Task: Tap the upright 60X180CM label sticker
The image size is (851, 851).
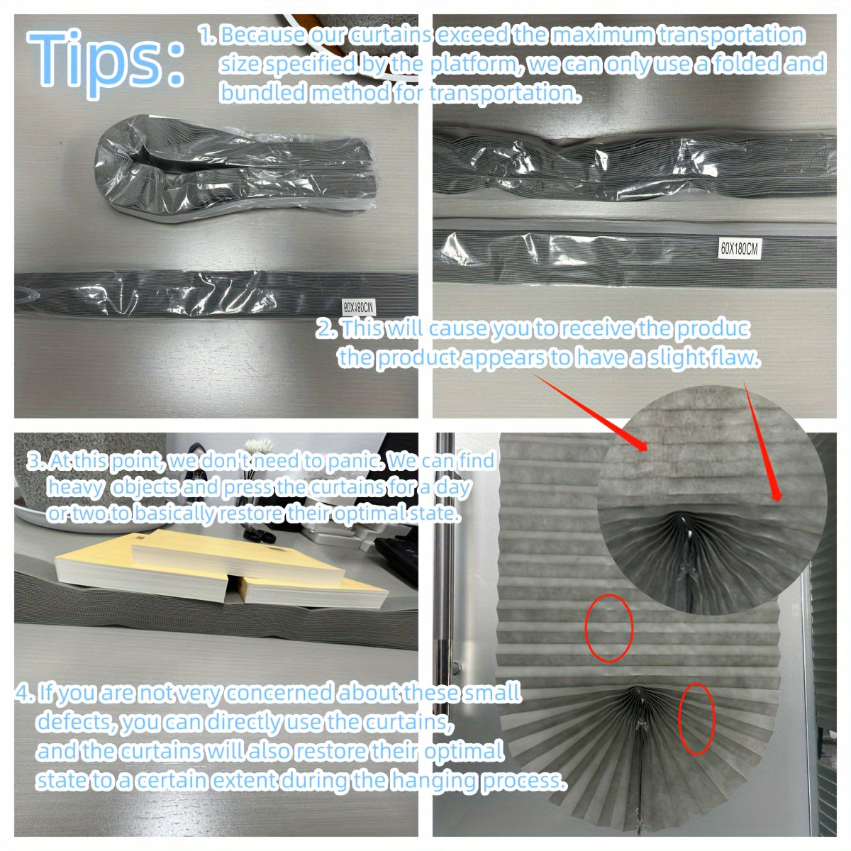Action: (x=740, y=248)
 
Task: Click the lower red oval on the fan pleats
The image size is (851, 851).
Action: (x=696, y=718)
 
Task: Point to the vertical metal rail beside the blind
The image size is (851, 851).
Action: (x=445, y=624)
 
